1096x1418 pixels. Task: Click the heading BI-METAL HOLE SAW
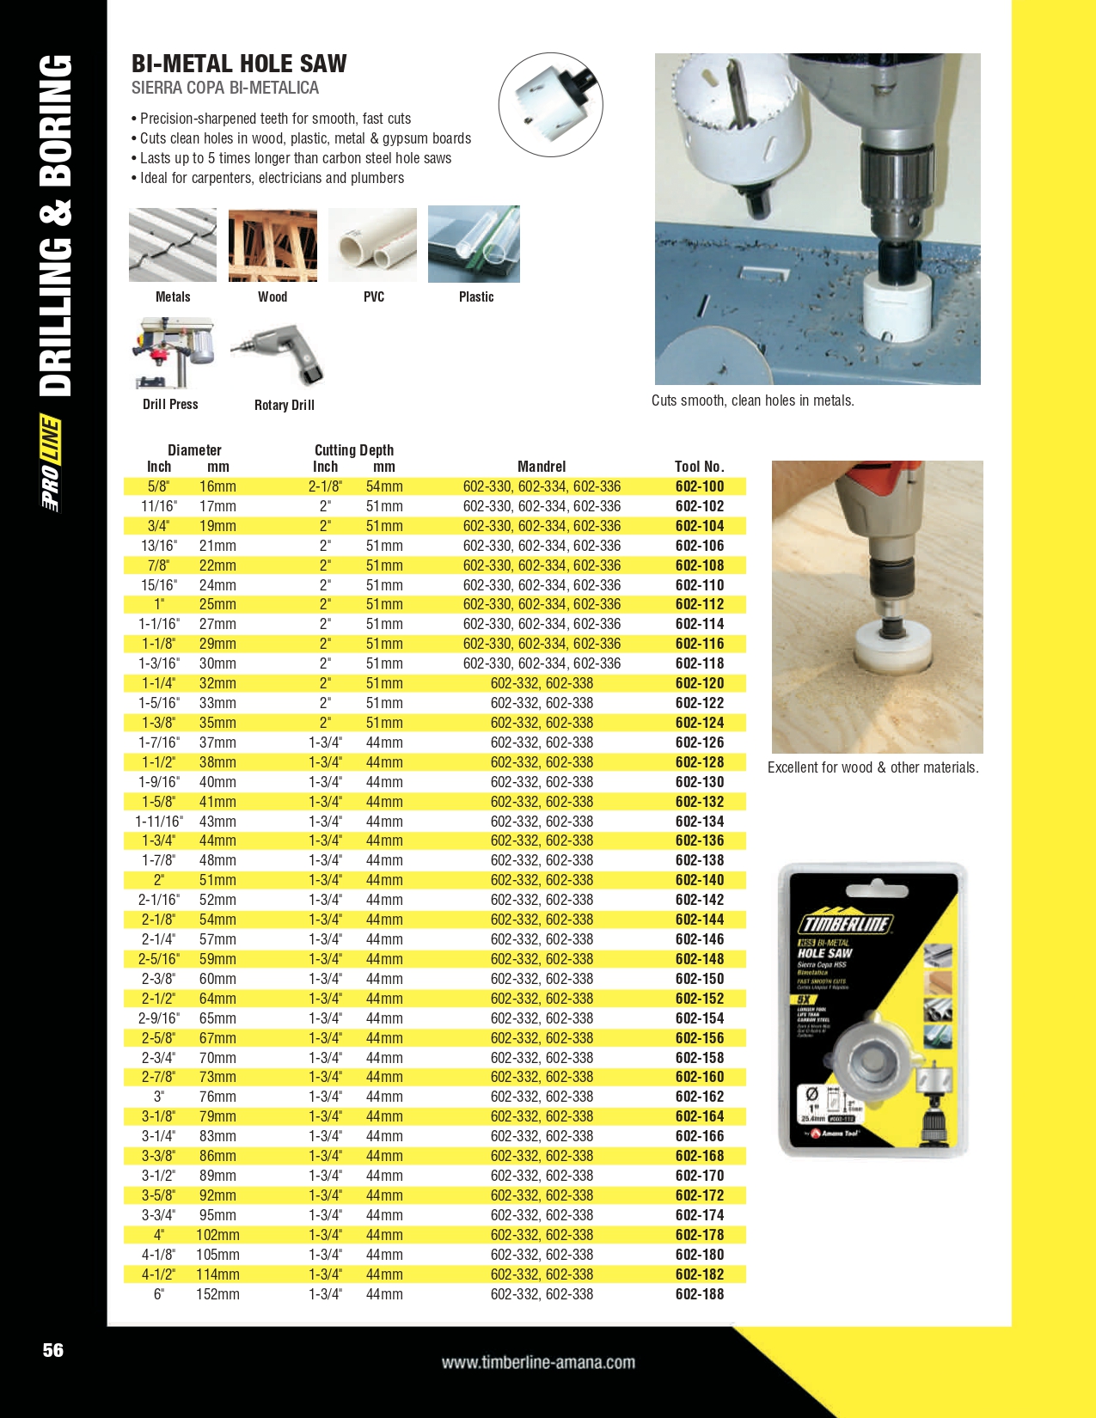(239, 64)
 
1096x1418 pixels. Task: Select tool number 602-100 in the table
(699, 486)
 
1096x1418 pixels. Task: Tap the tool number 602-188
(699, 1294)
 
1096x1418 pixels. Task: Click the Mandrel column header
(542, 467)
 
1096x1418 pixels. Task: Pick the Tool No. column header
(699, 467)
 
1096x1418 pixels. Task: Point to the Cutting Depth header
(353, 450)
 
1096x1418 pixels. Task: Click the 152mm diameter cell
(217, 1294)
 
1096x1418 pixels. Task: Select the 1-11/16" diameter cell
(159, 822)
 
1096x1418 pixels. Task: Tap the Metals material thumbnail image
(173, 245)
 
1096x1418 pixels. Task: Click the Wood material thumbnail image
(272, 245)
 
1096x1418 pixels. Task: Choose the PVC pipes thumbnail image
(372, 245)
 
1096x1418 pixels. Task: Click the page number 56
(53, 1350)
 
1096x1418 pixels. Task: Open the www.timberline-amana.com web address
(538, 1362)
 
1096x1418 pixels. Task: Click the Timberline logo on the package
(846, 923)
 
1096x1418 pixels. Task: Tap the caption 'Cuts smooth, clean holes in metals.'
(753, 400)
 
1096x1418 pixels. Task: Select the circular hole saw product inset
(550, 105)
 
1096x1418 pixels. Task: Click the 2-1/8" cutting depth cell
(325, 486)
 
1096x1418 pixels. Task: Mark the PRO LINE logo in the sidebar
(51, 463)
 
